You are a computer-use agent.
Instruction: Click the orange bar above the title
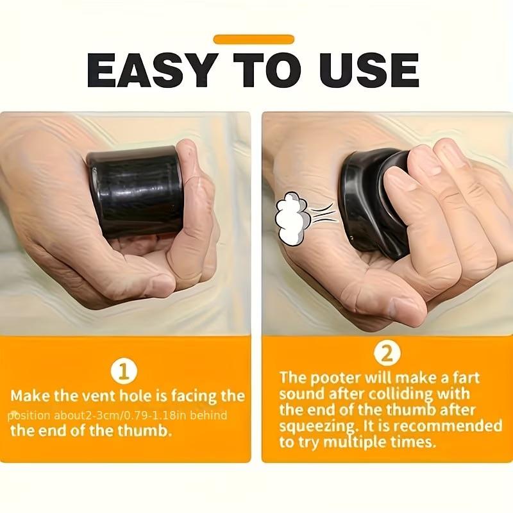click(x=253, y=39)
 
